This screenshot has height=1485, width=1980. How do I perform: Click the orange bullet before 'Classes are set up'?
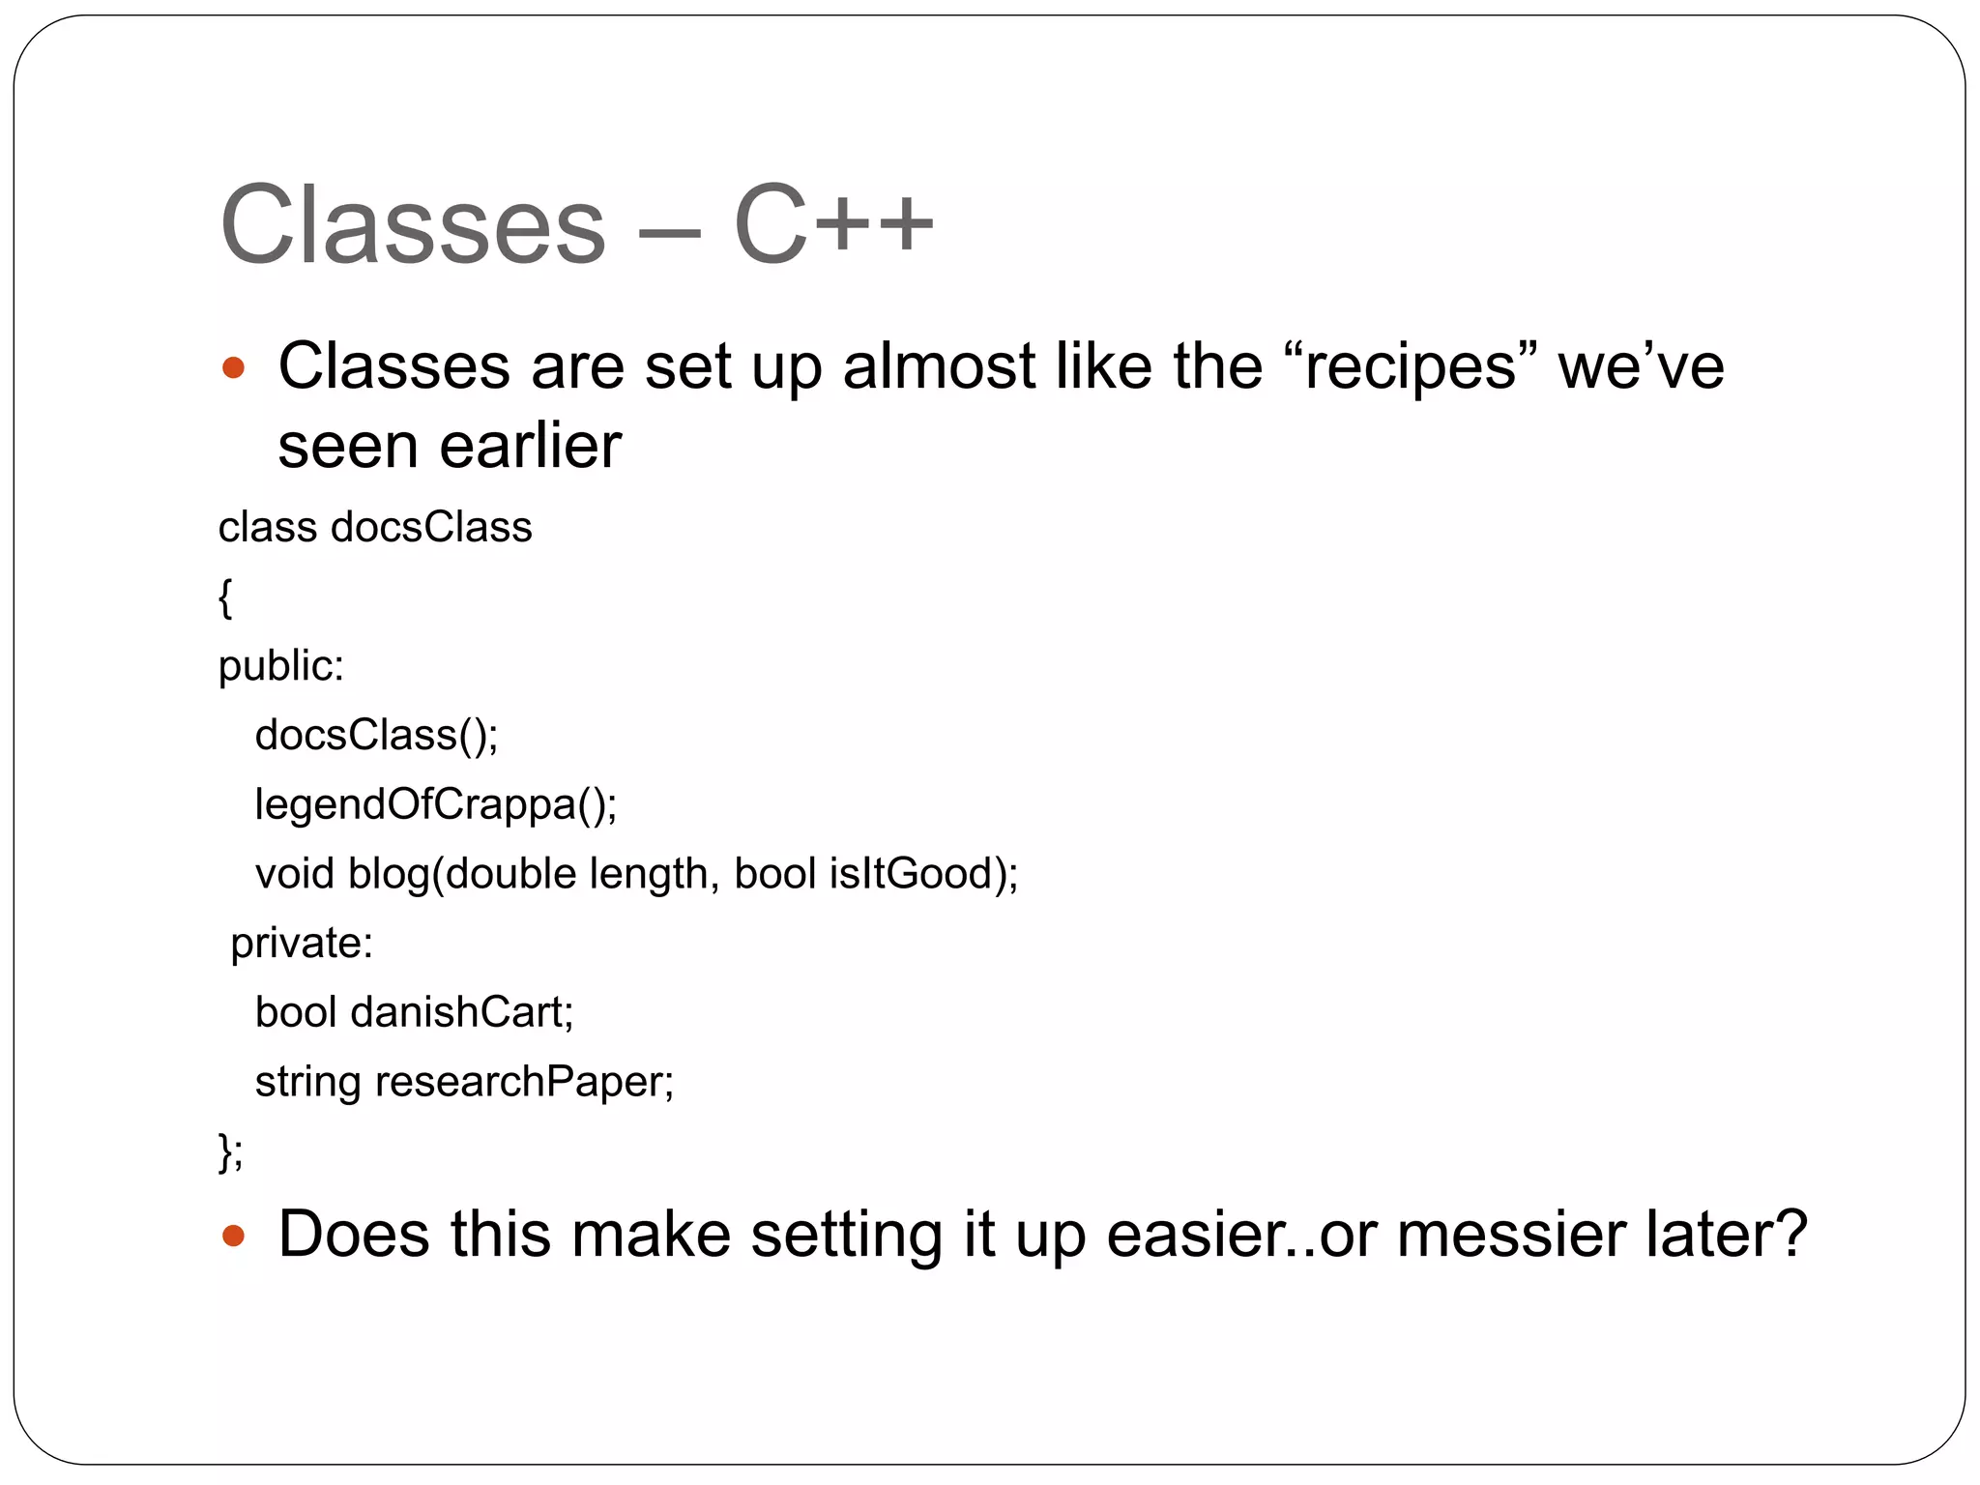tap(233, 367)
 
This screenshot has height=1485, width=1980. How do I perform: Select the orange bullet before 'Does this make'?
tap(233, 1235)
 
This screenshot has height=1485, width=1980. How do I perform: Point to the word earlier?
tap(530, 447)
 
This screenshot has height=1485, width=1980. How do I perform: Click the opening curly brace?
tap(225, 597)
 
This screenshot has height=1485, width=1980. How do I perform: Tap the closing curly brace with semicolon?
tap(230, 1151)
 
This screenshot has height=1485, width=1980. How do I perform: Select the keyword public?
tap(280, 666)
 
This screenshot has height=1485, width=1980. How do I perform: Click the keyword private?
tap(302, 943)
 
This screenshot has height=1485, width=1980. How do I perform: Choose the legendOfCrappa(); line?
tap(435, 804)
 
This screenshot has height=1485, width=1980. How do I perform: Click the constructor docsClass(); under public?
tap(376, 735)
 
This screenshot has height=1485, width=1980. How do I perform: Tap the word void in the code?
tap(294, 874)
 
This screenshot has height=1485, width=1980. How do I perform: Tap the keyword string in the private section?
tap(306, 1082)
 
